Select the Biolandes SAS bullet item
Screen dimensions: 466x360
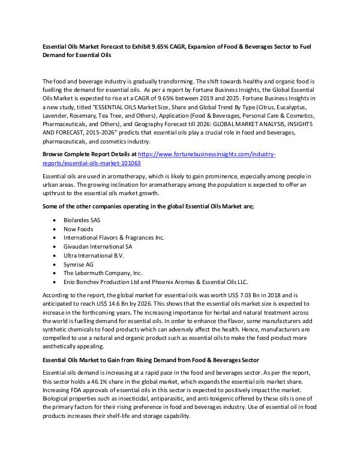tap(83, 220)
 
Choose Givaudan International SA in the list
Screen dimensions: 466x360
tap(98, 246)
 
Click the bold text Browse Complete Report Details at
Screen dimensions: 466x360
tap(89, 154)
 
